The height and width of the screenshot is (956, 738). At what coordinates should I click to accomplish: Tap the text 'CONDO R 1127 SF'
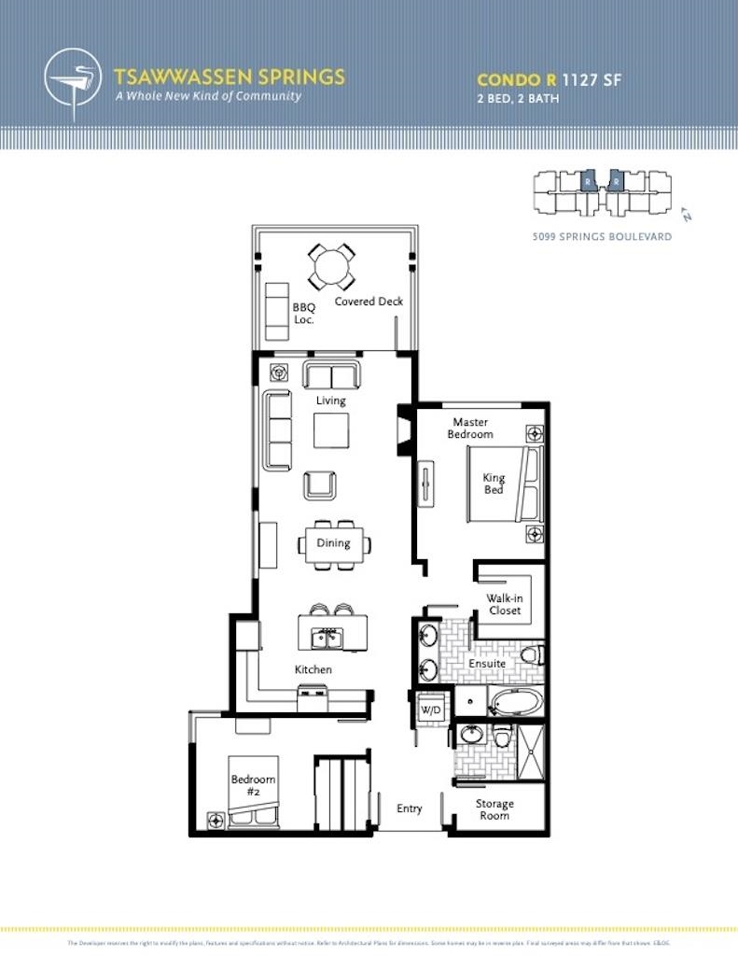549,80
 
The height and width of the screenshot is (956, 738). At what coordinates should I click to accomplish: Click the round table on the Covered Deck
331,268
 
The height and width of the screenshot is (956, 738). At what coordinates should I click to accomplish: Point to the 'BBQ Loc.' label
303,313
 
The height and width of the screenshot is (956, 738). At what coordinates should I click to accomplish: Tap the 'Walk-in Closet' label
504,604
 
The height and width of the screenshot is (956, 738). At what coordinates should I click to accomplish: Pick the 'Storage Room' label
494,809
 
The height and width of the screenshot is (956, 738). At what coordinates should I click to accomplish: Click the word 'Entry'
410,808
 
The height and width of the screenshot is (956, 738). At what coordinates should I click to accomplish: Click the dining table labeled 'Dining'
333,543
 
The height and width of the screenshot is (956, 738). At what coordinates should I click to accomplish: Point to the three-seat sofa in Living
277,430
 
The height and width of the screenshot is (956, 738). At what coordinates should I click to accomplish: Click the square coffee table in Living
331,430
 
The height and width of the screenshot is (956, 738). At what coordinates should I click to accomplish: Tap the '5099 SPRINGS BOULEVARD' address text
601,237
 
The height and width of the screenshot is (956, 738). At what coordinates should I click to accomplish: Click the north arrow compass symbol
687,214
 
